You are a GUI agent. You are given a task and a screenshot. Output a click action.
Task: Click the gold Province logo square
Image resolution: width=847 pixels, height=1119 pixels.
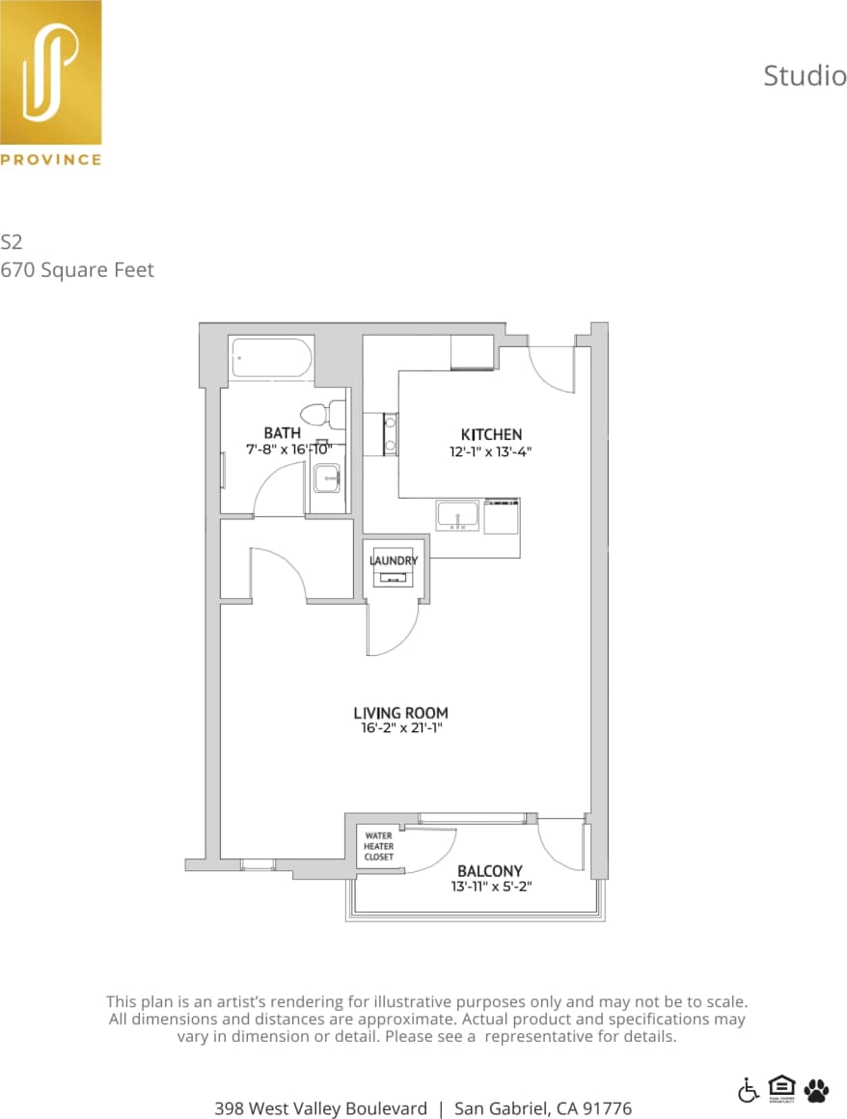pyautogui.click(x=50, y=72)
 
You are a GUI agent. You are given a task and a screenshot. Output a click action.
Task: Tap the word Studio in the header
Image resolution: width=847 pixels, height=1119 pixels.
pyautogui.click(x=805, y=75)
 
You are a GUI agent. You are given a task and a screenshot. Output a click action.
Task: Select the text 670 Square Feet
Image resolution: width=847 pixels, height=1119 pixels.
pyautogui.click(x=77, y=270)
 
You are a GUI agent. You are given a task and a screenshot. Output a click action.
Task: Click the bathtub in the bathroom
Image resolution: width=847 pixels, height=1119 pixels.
pyautogui.click(x=271, y=358)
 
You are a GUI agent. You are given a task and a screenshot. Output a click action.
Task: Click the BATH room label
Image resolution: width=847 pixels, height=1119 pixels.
pyautogui.click(x=282, y=433)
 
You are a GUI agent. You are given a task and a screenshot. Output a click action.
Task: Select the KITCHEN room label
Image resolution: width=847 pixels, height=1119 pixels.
pyautogui.click(x=491, y=435)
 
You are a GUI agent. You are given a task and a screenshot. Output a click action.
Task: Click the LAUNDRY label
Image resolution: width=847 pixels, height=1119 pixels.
pyautogui.click(x=394, y=560)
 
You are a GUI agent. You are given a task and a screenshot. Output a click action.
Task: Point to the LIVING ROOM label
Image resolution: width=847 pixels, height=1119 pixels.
pyautogui.click(x=400, y=714)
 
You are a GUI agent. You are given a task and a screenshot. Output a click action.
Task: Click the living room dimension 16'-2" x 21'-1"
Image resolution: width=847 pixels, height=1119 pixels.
pyautogui.click(x=400, y=729)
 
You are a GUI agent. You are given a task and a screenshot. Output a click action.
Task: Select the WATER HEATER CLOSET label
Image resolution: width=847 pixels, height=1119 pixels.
pyautogui.click(x=378, y=846)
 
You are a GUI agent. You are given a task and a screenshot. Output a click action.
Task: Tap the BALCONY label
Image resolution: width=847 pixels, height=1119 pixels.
pyautogui.click(x=490, y=870)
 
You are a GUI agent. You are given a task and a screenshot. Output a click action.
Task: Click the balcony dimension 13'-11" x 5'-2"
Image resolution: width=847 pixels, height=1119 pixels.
pyautogui.click(x=491, y=886)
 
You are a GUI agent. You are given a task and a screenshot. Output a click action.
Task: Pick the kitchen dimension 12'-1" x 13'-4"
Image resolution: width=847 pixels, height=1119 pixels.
pyautogui.click(x=491, y=450)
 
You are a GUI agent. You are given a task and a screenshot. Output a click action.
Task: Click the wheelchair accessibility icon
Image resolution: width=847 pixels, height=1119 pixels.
pyautogui.click(x=749, y=1089)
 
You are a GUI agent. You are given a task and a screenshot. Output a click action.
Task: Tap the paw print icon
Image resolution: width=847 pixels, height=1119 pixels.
pyautogui.click(x=815, y=1089)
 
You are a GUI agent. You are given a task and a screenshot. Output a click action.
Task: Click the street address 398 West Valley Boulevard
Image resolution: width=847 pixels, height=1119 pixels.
pyautogui.click(x=320, y=1108)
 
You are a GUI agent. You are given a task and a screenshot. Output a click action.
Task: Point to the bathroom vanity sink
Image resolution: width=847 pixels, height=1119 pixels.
pyautogui.click(x=327, y=477)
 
